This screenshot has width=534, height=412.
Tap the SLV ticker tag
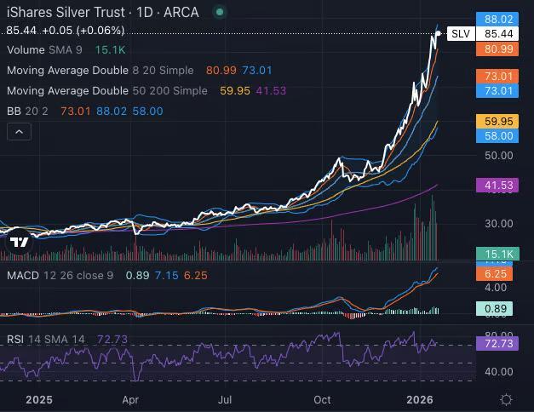coord(460,34)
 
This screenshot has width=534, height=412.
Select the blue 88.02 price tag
coord(498,19)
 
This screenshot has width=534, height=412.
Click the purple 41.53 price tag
coord(498,185)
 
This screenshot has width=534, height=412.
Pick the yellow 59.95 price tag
coord(498,121)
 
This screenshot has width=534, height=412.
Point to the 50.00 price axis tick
coord(498,156)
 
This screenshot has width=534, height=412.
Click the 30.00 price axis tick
coord(498,223)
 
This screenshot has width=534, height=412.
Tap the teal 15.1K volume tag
coord(498,254)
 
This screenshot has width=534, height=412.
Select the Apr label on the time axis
coord(131,398)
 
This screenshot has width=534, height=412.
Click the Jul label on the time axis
coord(225,398)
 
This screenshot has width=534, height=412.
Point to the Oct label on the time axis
coord(322,398)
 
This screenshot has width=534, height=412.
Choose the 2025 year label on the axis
coord(40,398)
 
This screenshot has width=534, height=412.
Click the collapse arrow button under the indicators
coord(19,132)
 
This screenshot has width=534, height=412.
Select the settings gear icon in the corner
coord(506,399)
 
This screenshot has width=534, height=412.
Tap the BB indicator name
coord(14,111)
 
